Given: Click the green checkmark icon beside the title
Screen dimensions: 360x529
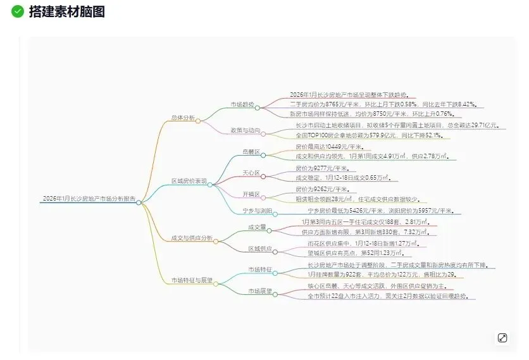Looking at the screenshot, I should click(18, 11).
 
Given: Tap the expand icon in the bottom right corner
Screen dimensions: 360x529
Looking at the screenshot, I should click(502, 338).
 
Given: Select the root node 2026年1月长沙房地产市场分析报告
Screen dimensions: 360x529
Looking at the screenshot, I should click(89, 199).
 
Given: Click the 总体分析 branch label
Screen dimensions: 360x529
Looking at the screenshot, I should click(184, 118).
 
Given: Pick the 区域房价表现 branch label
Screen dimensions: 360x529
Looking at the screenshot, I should click(189, 181).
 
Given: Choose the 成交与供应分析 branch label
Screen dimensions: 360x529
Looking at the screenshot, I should click(192, 239).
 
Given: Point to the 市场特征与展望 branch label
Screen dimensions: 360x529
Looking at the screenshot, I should click(192, 280).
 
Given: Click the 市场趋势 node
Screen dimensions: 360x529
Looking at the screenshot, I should click(242, 104).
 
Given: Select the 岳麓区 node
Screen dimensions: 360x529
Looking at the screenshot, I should click(251, 152).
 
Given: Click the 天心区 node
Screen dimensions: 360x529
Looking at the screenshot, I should click(251, 172).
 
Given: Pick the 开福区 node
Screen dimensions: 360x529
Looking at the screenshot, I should click(251, 194).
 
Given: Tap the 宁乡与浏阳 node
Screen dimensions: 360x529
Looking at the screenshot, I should click(258, 210).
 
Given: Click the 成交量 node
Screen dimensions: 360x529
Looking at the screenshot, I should click(256, 227).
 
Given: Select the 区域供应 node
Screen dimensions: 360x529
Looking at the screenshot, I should click(259, 249).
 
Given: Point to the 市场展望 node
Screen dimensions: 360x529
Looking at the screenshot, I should click(259, 291).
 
